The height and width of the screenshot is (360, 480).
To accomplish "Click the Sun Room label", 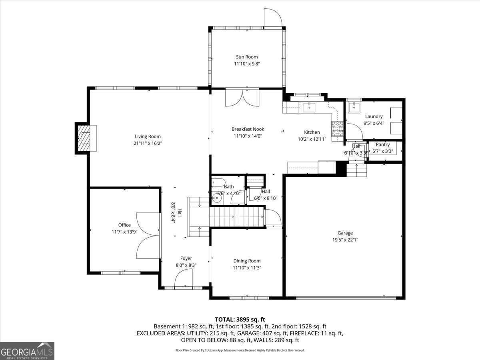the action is point(247,57).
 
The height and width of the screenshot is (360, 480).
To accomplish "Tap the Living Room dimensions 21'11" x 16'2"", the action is point(148,143).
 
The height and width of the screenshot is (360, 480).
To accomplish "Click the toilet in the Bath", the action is point(218,182).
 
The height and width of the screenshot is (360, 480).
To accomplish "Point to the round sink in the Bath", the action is point(217,198).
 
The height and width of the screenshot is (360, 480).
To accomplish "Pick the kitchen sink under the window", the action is point(310,107).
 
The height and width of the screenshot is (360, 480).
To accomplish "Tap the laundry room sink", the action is point(354,108).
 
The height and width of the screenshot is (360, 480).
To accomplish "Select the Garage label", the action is point(345,233).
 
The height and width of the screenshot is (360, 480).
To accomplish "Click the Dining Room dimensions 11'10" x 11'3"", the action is point(247,268).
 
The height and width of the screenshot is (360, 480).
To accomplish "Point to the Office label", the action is point(124,225).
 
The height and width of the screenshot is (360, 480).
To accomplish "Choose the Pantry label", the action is point(383,144).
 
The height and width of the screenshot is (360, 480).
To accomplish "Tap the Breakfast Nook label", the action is point(248,129).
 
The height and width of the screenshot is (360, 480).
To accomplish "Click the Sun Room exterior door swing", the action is point(273,18).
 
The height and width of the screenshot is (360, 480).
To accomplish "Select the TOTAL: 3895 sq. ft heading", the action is point(240,320).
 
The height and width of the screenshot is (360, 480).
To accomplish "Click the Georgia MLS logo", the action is point(27,351).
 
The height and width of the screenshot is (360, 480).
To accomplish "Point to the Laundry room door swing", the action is point(354,131).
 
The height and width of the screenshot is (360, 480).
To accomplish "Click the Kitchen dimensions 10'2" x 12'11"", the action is point(312,139).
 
